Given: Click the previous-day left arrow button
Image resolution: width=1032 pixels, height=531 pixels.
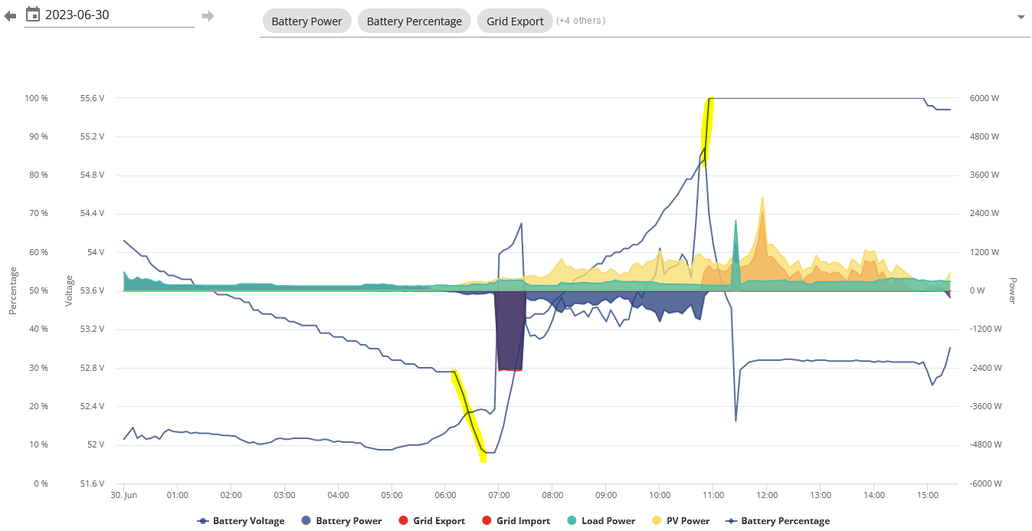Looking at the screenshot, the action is [10, 16].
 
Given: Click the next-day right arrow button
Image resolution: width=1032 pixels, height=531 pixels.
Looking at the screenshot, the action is [208, 16].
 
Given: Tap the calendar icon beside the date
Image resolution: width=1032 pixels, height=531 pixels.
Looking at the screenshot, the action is [33, 15].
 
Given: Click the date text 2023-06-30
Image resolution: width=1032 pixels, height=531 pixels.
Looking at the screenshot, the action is [77, 15].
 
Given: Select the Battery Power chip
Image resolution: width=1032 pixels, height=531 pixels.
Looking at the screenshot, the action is [306, 21].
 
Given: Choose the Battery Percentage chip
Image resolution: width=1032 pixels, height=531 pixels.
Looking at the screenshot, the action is [414, 21].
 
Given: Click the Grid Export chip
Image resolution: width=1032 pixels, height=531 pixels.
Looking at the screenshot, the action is [515, 21].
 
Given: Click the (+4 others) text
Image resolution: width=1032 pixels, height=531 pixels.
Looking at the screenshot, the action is [581, 21].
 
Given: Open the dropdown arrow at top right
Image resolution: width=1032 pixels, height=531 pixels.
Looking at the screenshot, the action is [1021, 18].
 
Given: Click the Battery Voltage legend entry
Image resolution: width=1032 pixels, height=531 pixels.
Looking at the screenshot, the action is [241, 521].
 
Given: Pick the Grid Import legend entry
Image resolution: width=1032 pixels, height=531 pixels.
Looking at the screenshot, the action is [516, 521].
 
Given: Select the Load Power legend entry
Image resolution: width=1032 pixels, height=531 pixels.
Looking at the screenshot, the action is [601, 521].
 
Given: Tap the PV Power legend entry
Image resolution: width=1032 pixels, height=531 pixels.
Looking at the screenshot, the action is [681, 521].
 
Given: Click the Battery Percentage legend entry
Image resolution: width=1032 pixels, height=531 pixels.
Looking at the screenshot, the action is [778, 521].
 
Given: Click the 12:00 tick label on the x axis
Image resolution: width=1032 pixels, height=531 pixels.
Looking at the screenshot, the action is [767, 495].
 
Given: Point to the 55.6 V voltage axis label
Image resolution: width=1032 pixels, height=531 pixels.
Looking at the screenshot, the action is [92, 98].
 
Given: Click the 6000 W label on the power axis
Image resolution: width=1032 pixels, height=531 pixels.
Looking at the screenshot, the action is [984, 98].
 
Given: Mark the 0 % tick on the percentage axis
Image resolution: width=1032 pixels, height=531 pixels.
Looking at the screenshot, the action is [41, 483].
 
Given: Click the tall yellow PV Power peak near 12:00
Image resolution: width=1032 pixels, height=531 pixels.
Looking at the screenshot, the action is [762, 198].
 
